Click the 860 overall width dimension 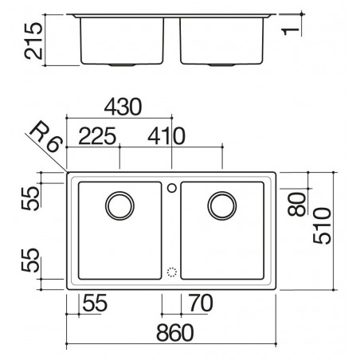click(175, 333)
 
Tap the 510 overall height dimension click(322, 225)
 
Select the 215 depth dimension click(33, 41)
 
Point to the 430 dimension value click(123, 107)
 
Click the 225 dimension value click(97, 136)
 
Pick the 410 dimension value click(166, 136)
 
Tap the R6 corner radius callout click(46, 137)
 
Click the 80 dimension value click(297, 204)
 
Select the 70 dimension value click(201, 303)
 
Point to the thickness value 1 click(291, 31)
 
